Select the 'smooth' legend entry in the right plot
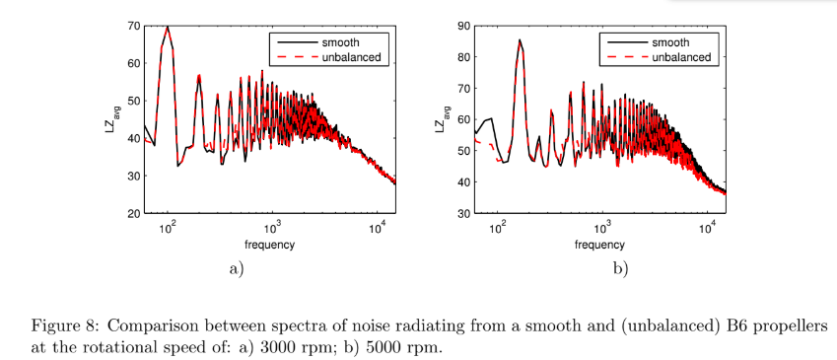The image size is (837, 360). point(671,42)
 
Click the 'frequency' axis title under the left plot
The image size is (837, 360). point(271,244)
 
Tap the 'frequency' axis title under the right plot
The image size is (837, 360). point(602,244)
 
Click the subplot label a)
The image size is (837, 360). point(237,268)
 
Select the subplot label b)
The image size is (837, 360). point(620,268)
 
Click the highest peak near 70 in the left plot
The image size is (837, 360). point(168,28)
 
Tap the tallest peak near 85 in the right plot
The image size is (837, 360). point(520,40)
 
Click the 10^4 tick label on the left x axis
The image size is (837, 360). point(378,228)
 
